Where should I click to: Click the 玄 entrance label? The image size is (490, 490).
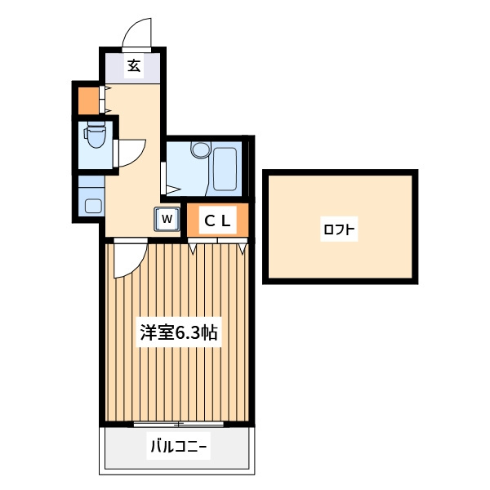click(x=134, y=65)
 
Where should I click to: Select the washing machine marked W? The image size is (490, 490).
click(x=167, y=219)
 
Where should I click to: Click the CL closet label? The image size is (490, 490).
click(x=217, y=221)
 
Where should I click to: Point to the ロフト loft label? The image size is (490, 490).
click(x=339, y=229)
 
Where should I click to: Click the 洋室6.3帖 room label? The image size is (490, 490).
click(x=179, y=332)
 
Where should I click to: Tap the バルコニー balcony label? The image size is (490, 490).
click(x=178, y=446)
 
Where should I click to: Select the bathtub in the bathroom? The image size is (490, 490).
click(x=225, y=169)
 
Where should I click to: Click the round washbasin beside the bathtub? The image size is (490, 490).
click(x=201, y=150)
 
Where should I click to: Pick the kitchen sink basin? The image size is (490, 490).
click(x=93, y=207)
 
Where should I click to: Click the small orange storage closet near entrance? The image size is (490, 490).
click(x=88, y=100)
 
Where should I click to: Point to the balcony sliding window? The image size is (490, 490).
click(x=178, y=425)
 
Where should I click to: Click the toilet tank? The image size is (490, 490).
click(x=96, y=123)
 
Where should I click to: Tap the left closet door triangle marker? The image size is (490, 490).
click(x=192, y=248)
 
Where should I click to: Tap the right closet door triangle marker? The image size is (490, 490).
click(x=243, y=248)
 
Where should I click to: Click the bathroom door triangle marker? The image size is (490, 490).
click(x=173, y=189)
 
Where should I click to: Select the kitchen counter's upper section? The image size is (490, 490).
click(x=91, y=181)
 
